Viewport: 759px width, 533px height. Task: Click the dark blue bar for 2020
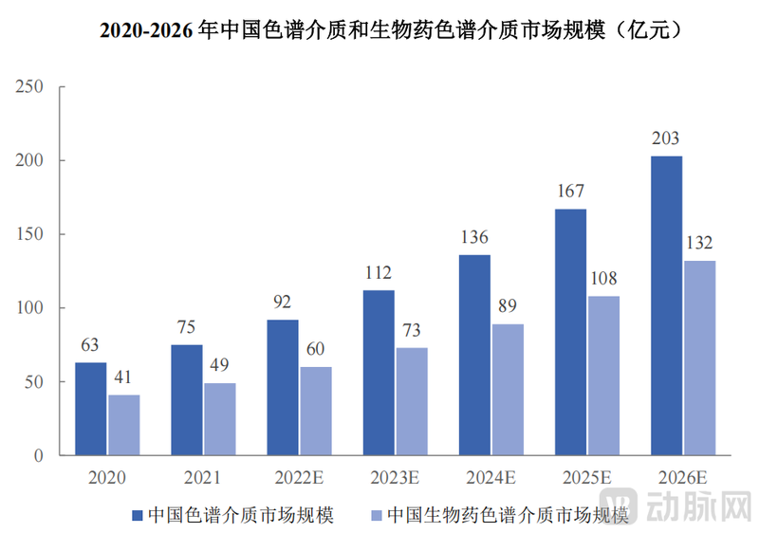tap(91, 409)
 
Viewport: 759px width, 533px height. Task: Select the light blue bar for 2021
tap(219, 419)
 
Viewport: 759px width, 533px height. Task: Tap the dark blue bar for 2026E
tap(666, 305)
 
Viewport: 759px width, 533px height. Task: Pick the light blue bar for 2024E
tap(508, 390)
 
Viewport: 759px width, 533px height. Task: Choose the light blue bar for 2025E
tap(603, 376)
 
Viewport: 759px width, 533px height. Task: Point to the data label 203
tap(666, 138)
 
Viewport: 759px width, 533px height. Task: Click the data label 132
tap(698, 243)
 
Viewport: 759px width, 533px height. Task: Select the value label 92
tap(283, 303)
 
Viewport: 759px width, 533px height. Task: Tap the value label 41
tap(123, 377)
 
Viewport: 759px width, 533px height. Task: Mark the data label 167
tap(570, 192)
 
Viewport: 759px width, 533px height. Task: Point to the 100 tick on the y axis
tap(31, 308)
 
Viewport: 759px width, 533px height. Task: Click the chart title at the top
tap(379, 31)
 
